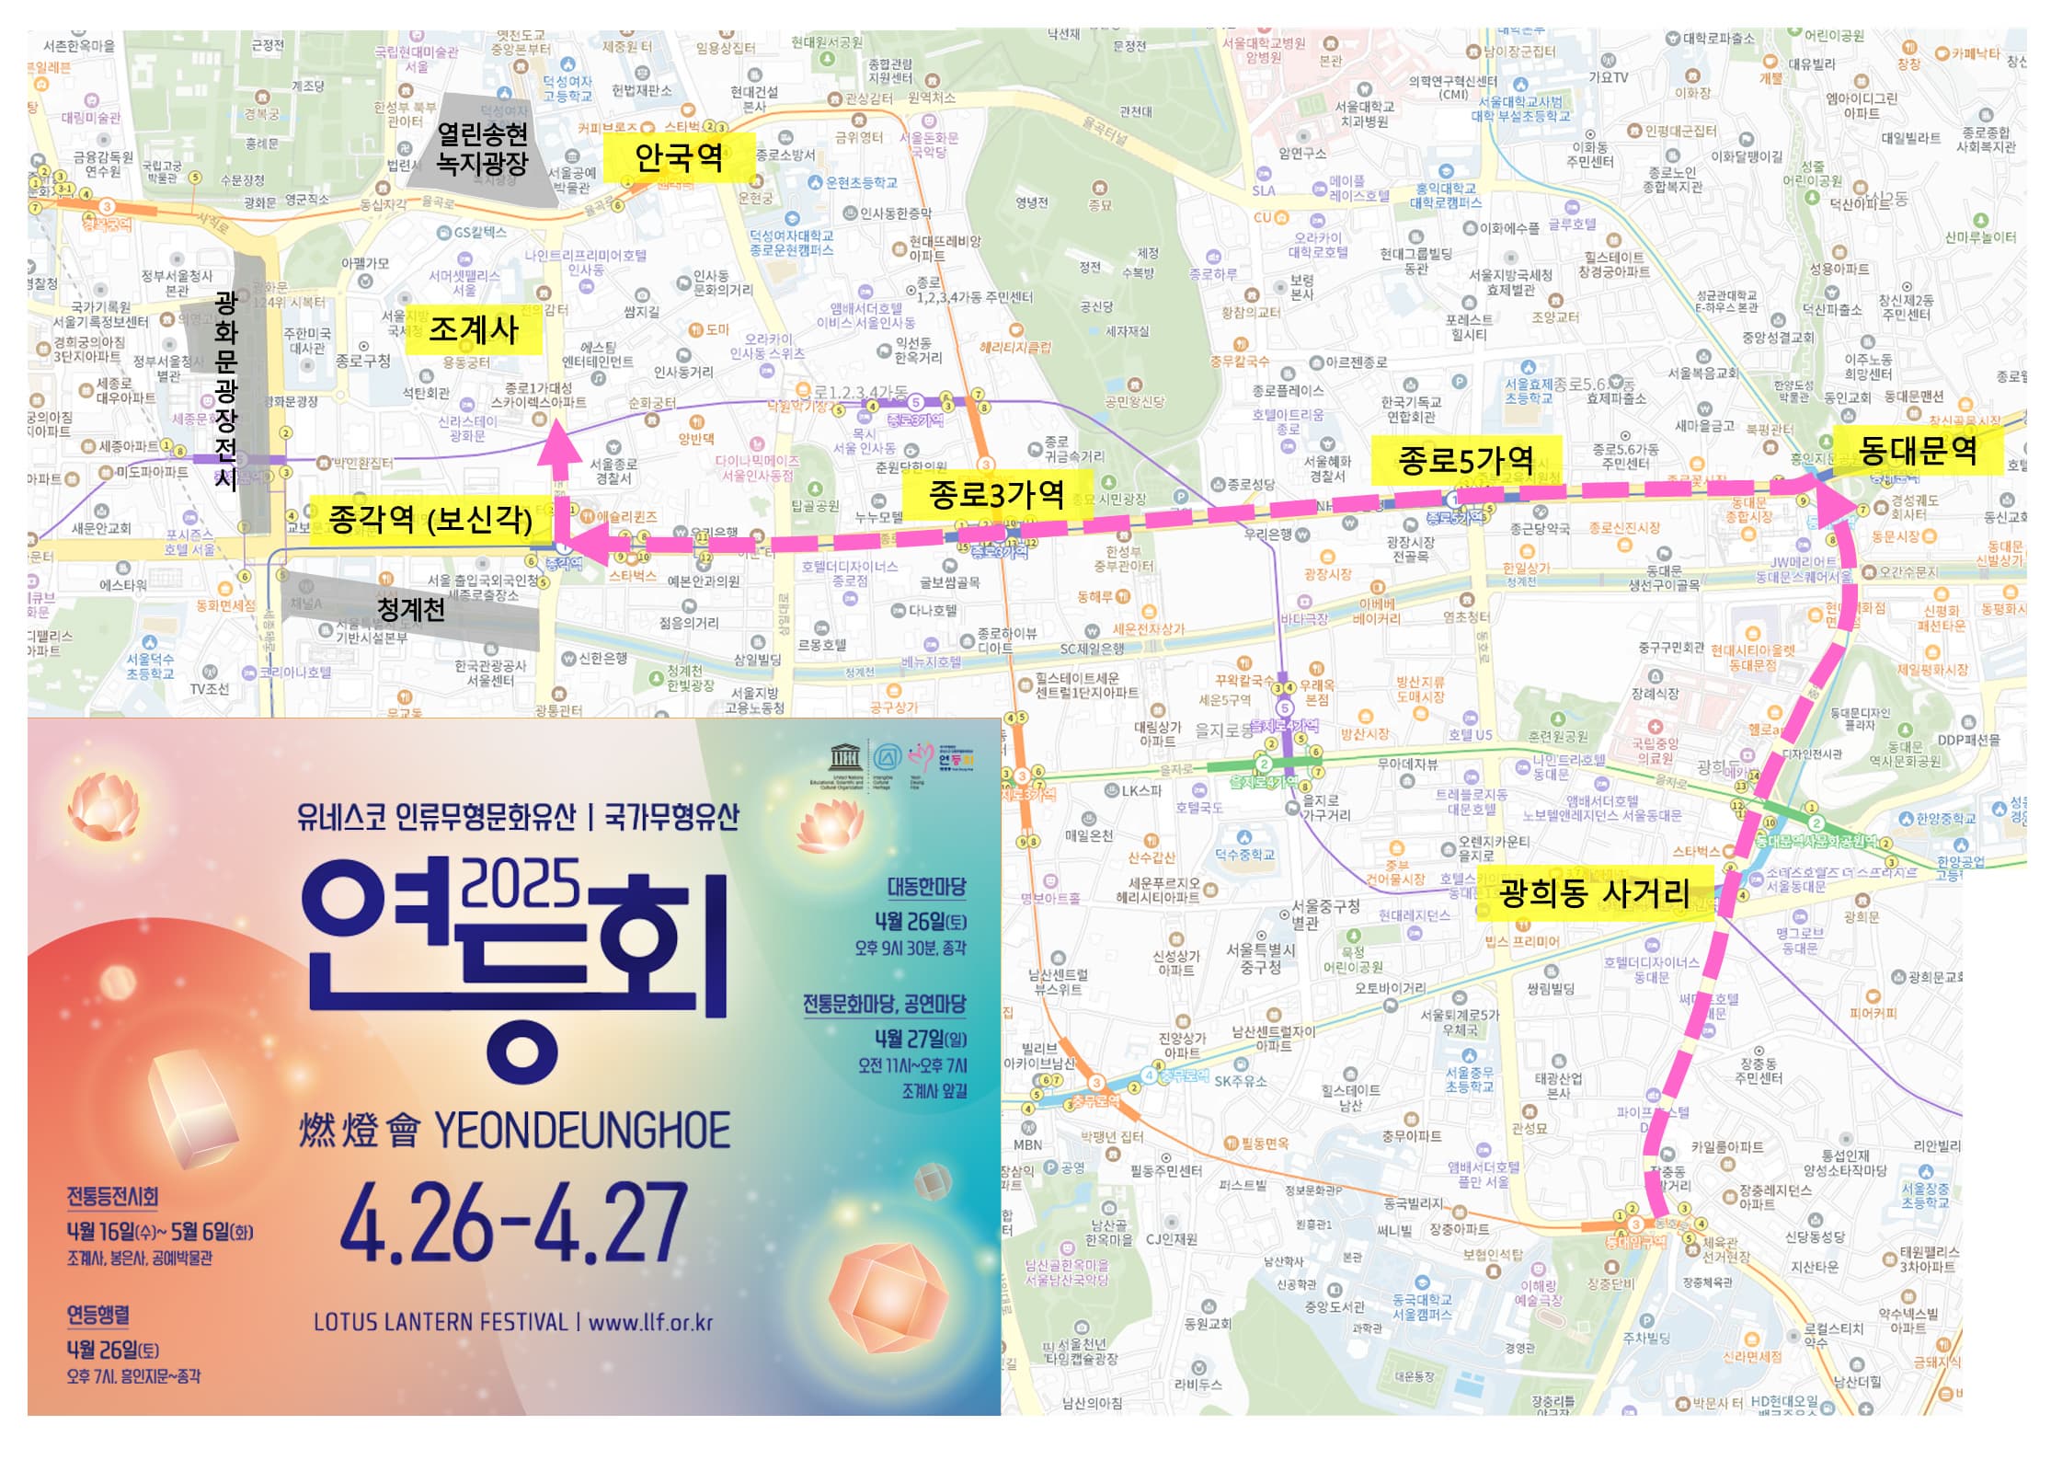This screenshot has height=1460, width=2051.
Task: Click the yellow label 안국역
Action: tap(679, 157)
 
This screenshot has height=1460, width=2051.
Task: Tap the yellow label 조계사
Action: tap(474, 329)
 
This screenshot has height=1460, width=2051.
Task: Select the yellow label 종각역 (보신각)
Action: tap(430, 519)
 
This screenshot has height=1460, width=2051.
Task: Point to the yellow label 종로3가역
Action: tap(997, 494)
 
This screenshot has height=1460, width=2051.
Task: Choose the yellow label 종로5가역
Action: tap(1465, 460)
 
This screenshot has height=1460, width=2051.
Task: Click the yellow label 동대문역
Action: tap(1918, 450)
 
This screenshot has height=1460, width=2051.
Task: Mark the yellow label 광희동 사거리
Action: tap(1594, 893)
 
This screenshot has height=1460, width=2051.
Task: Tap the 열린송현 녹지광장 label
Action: tap(482, 149)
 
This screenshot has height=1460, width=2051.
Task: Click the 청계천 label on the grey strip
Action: tap(410, 609)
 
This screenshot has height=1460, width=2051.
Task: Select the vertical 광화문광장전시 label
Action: tap(225, 390)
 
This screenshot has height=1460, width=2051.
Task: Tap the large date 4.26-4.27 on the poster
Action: tap(513, 1223)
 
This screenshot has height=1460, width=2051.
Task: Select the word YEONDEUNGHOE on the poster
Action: tap(581, 1131)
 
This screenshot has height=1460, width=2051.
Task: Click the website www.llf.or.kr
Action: tap(650, 1323)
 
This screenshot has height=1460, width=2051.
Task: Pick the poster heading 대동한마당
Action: tap(925, 887)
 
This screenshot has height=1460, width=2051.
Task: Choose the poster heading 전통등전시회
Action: tap(112, 1196)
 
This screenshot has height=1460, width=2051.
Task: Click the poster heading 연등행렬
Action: tap(97, 1315)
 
